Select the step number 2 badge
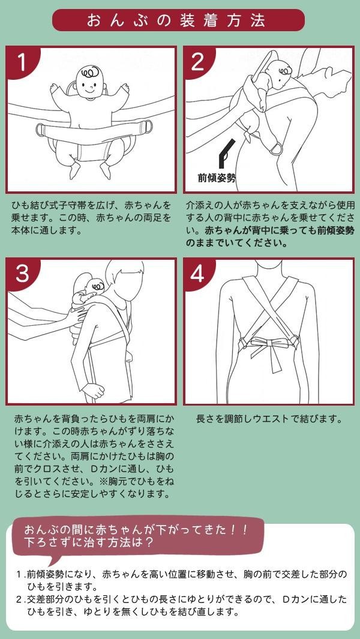(x=198, y=61)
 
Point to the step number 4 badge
(x=198, y=274)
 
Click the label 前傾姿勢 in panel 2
(x=217, y=178)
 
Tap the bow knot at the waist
(x=267, y=343)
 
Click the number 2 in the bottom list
(x=19, y=599)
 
